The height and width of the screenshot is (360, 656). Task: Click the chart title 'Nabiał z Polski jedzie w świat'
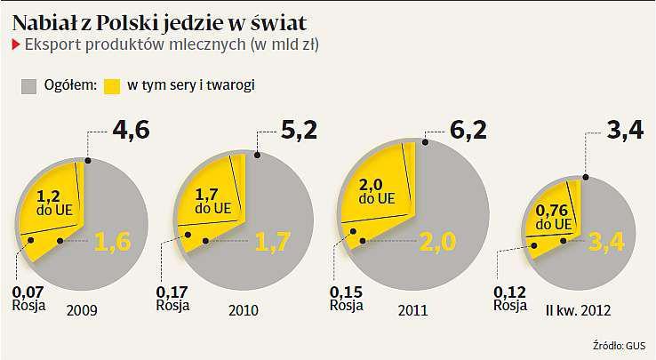(x=161, y=20)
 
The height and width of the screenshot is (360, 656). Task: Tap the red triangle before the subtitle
(x=13, y=44)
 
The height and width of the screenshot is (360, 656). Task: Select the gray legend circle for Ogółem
(x=29, y=86)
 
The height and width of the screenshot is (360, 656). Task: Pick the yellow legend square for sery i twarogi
(x=111, y=86)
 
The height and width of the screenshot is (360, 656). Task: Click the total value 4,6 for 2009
(x=131, y=133)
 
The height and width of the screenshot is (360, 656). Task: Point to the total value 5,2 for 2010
(x=298, y=134)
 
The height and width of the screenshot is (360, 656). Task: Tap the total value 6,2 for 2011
(x=467, y=134)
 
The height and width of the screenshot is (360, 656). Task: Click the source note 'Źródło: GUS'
(x=618, y=346)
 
